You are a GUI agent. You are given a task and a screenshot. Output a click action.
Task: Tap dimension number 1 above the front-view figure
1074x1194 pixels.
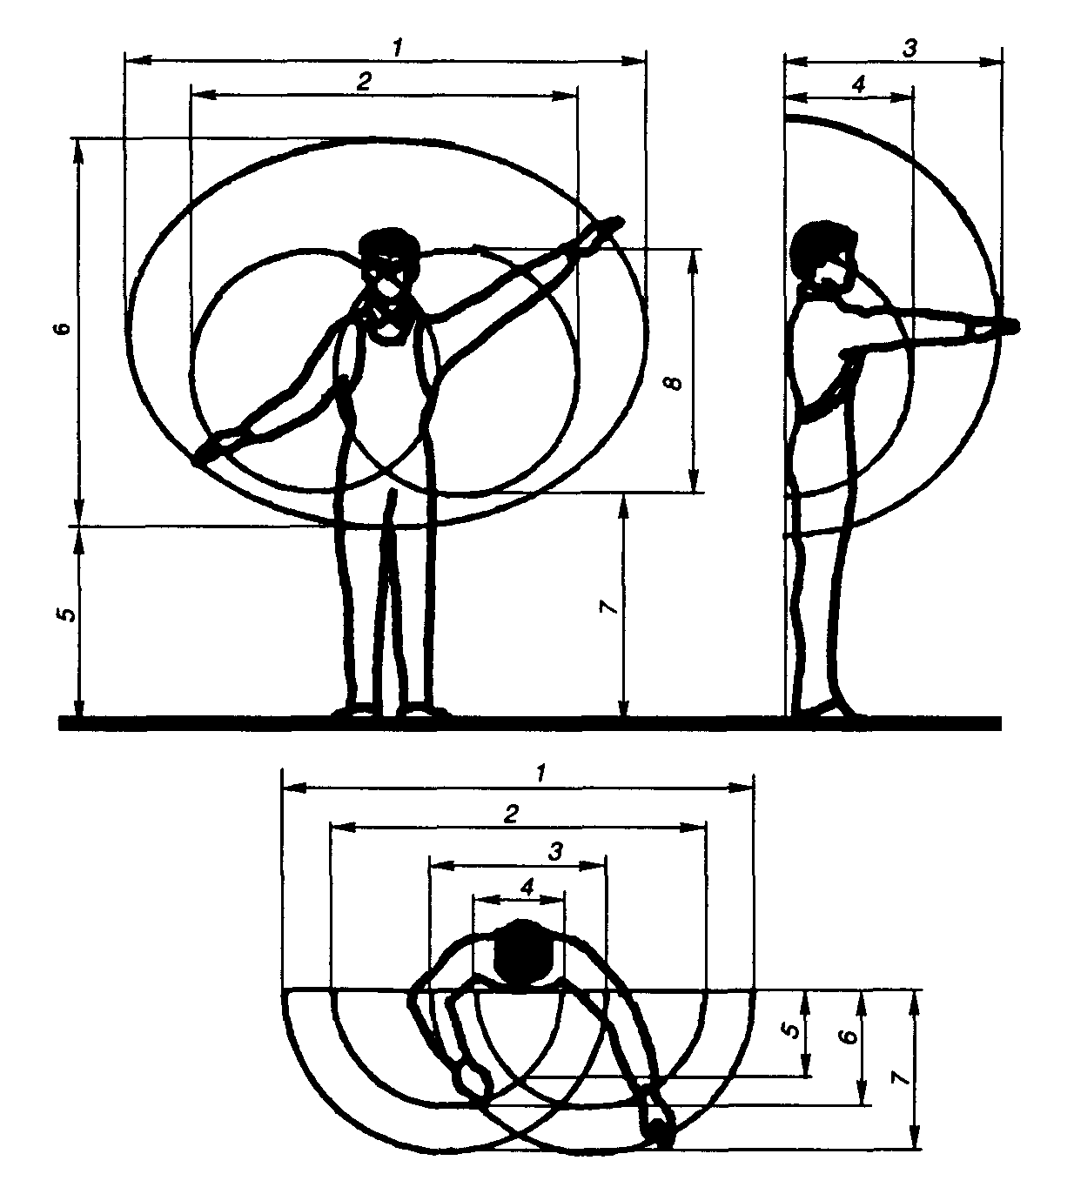pyautogui.click(x=396, y=48)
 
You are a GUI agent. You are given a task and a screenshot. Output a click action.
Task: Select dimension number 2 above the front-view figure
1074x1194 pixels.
pyautogui.click(x=364, y=81)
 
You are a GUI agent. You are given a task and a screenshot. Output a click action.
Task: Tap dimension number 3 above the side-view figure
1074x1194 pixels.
pyautogui.click(x=910, y=49)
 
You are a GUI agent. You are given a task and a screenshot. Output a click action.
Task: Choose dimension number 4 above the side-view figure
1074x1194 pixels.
pyautogui.click(x=858, y=85)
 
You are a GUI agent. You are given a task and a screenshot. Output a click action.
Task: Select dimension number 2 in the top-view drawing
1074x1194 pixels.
pyautogui.click(x=513, y=813)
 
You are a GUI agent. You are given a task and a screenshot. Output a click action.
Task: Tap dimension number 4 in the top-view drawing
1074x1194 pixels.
pyautogui.click(x=527, y=886)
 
